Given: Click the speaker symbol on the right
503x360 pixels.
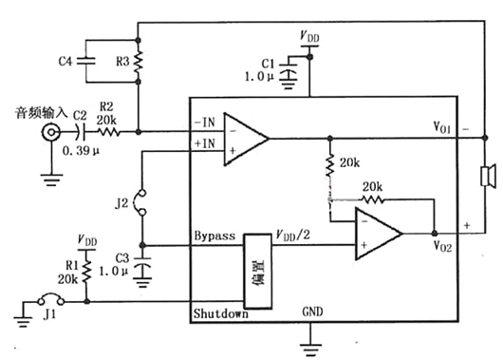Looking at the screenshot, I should click(x=488, y=176).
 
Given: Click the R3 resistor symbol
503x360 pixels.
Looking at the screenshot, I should click(x=139, y=62).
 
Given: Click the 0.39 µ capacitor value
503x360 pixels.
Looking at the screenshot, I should click(x=83, y=150).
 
